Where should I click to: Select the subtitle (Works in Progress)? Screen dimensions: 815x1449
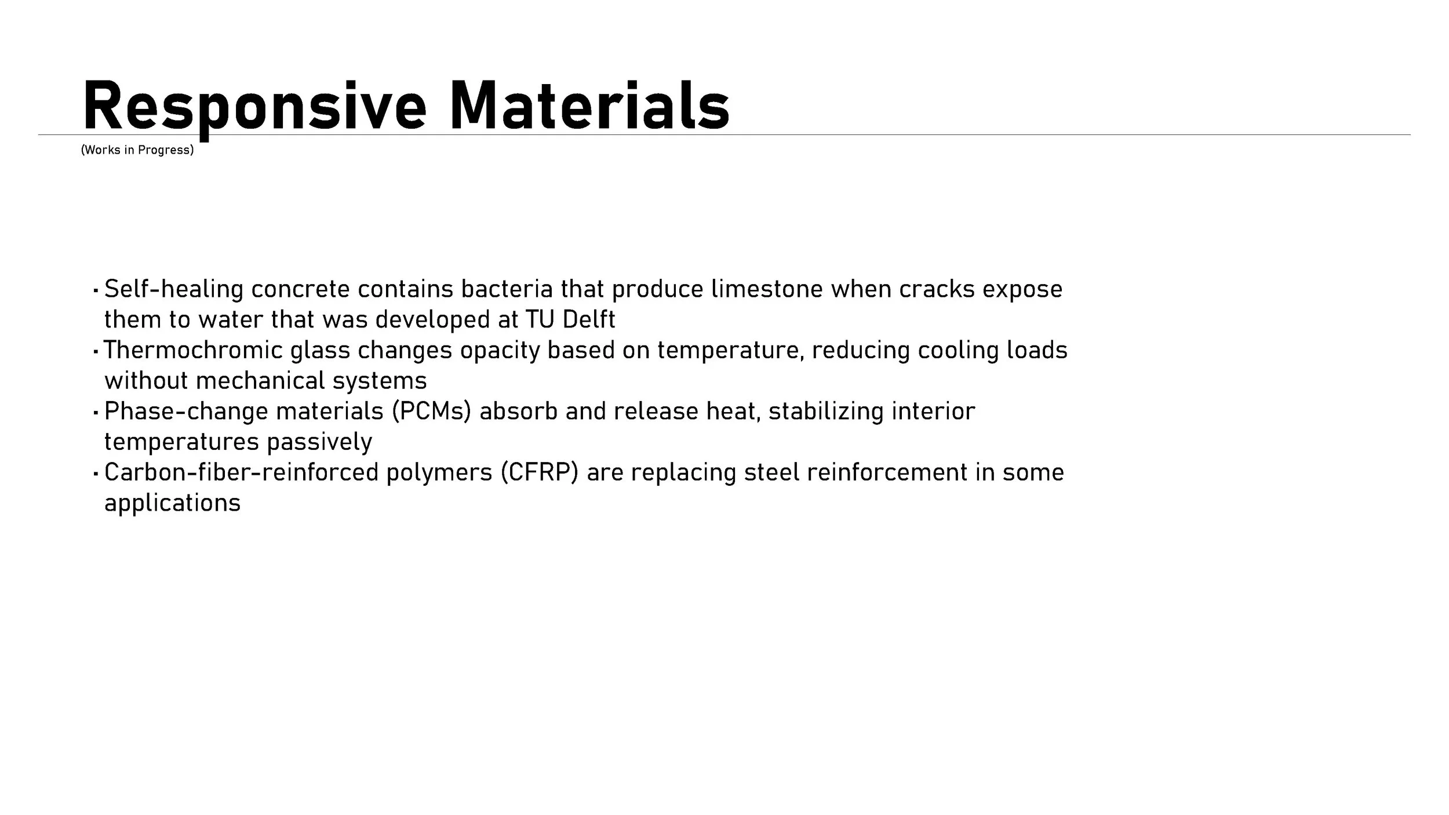[137, 150]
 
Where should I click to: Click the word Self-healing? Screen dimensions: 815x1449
[173, 289]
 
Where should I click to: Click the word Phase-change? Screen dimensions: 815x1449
[186, 411]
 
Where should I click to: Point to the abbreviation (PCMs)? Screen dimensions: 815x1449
[431, 411]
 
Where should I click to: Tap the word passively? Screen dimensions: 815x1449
[319, 442]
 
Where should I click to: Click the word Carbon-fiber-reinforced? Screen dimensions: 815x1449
[241, 472]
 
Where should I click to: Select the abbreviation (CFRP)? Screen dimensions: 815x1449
[540, 472]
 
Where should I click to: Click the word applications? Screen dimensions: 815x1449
[172, 503]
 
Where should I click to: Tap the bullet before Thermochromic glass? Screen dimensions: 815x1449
[95, 351]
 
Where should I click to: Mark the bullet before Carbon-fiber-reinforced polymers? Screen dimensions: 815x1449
[95, 474]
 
